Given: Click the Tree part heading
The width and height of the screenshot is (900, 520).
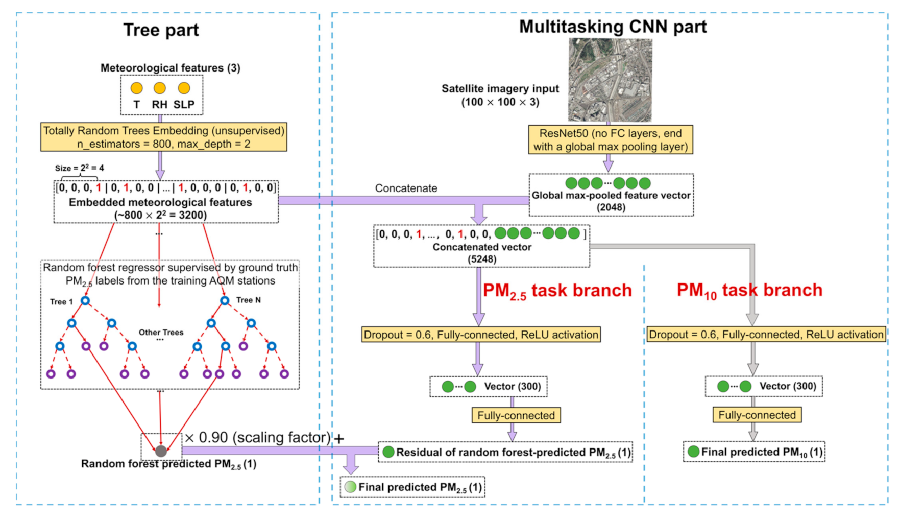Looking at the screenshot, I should pos(161,30).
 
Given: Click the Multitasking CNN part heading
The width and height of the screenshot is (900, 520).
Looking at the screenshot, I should pos(612,27).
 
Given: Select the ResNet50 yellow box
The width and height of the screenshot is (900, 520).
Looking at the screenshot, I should pos(610,140).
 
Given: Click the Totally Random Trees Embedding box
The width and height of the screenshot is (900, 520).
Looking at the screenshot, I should pos(163,137).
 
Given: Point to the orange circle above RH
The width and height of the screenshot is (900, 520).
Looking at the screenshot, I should pos(160,88).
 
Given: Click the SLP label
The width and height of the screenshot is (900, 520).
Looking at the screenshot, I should pos(184,105).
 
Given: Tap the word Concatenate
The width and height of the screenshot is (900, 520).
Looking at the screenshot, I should pos(406,188).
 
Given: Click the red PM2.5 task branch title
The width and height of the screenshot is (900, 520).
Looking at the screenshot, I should pos(557,291).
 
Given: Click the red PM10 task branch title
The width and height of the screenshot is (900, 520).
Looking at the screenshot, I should pos(749,291).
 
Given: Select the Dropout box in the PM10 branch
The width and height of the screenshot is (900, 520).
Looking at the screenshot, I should pos(766,335).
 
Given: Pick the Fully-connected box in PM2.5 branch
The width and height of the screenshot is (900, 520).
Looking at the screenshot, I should pos(516,415).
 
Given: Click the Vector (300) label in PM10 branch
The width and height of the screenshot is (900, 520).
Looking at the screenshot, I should pos(787,386).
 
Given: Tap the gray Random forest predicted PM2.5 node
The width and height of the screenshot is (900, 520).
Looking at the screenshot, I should pos(161,451).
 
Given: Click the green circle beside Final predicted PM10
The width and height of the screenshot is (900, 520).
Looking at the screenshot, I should pos(693,452).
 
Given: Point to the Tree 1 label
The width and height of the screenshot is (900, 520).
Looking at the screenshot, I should pos(61,302).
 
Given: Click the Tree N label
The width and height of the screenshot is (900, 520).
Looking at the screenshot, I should pos(248,300).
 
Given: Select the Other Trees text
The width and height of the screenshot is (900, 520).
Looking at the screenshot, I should pos(161,333).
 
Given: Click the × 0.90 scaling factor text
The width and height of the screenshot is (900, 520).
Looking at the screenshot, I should pos(258,438).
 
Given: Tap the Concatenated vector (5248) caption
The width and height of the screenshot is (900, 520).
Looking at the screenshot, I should pos(482,253).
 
